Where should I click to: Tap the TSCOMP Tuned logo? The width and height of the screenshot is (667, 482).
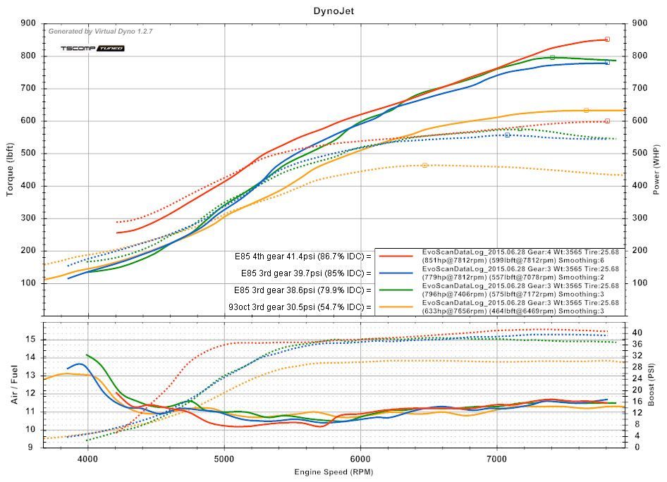[92, 49]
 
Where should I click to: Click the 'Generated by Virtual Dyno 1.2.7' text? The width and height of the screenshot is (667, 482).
[100, 31]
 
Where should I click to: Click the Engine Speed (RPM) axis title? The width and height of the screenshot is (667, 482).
[333, 471]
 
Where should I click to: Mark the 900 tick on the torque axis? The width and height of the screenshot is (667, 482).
[30, 23]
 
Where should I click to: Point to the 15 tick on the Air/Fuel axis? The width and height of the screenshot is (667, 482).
[30, 339]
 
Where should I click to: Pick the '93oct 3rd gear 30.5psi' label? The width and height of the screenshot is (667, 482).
[300, 307]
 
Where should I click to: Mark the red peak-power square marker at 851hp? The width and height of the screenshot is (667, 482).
[607, 39]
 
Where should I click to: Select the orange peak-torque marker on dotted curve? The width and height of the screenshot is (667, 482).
[424, 165]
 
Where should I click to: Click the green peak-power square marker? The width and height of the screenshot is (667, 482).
[552, 57]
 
